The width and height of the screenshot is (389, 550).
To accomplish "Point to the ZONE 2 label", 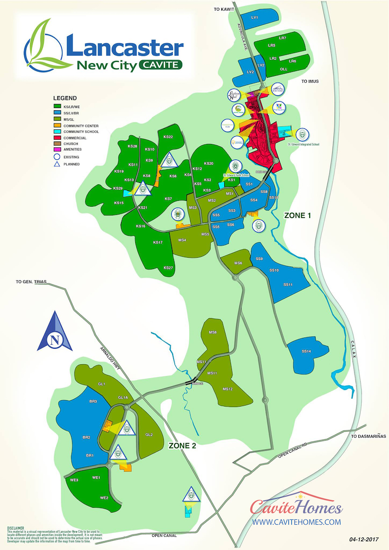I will coord(182,444).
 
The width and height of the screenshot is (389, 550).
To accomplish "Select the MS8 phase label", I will coord(212,332).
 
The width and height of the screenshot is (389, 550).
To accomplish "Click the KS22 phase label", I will coord(168,137).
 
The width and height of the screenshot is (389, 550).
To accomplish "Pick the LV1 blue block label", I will coord(254,18).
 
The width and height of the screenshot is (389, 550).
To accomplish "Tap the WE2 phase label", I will coord(104,498).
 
